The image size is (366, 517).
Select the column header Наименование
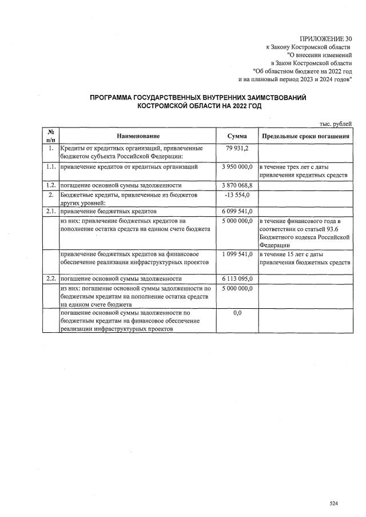tap(138, 136)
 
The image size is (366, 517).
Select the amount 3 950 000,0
tap(237, 167)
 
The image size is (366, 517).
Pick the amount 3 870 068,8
tap(237, 185)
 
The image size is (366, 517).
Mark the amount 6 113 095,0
tap(237, 278)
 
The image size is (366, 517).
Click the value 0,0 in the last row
tap(237, 313)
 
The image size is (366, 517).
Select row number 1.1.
tap(50, 167)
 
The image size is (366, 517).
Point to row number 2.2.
tap(50, 278)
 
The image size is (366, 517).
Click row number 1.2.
tap(50, 185)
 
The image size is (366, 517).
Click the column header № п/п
tap(50, 136)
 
